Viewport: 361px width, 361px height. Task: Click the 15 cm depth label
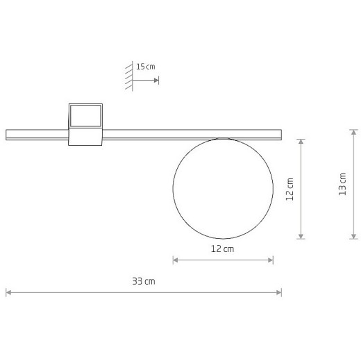point(146,67)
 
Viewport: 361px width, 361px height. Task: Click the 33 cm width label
point(144,281)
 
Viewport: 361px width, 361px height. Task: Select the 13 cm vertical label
point(342,184)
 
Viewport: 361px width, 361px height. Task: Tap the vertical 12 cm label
point(289,189)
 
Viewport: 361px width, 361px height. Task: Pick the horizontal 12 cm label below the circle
point(223,249)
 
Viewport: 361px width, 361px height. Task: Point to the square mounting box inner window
point(85,116)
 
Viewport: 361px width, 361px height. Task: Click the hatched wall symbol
point(129,76)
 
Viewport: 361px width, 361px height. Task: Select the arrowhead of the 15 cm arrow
point(156,81)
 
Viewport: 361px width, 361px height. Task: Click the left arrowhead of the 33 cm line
point(8,293)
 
